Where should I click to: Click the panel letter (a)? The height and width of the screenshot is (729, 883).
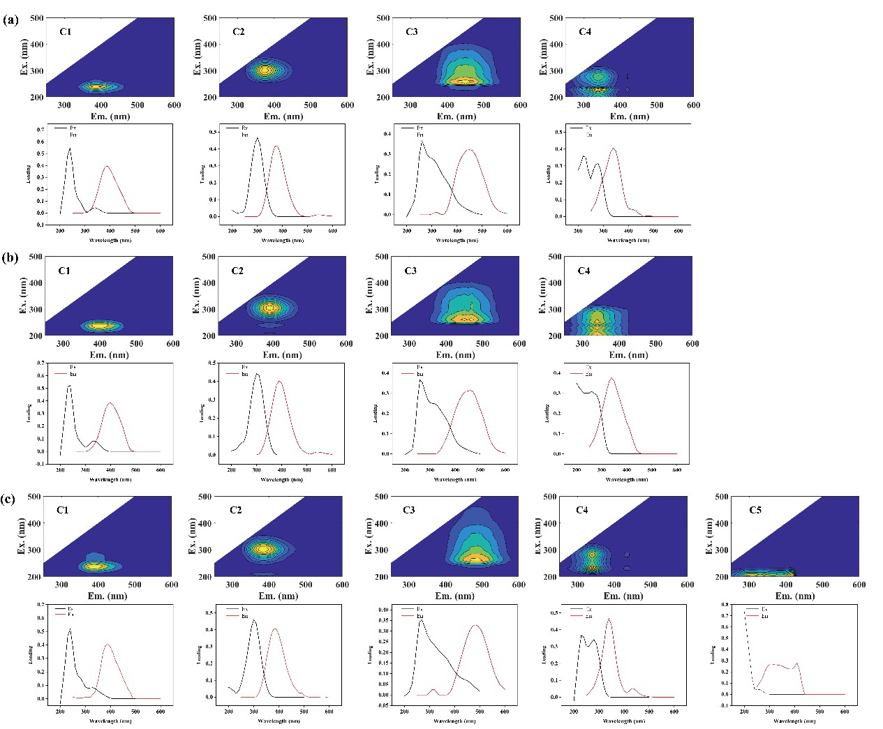point(10,20)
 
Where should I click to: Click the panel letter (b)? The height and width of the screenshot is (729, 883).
point(10,257)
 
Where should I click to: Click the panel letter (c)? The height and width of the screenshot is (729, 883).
point(10,499)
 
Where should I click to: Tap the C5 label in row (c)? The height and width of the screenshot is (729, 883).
point(755,510)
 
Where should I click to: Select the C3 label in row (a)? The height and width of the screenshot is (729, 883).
point(411,31)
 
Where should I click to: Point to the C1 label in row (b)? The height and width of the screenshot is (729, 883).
point(64,271)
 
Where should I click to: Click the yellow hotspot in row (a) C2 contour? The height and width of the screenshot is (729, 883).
point(263,70)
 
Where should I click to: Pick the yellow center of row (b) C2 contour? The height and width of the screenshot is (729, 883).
point(271,308)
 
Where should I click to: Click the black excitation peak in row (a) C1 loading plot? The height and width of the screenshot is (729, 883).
point(70,148)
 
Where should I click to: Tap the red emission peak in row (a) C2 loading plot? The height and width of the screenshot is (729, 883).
point(277,146)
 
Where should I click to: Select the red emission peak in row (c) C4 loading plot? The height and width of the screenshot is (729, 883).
point(609,619)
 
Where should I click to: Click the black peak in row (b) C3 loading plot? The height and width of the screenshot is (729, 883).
point(420,380)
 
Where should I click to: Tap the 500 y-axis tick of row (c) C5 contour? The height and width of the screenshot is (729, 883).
point(720,497)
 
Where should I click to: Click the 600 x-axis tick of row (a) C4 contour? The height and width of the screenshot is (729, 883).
point(693,105)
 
